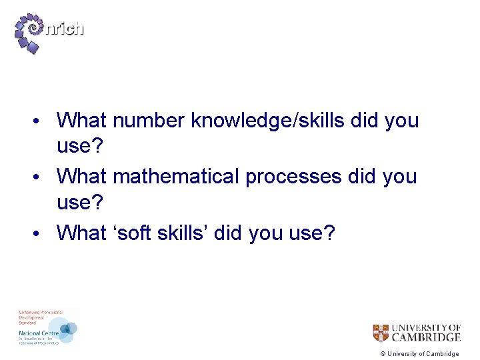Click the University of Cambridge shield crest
click(x=381, y=333)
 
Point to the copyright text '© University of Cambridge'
click(x=419, y=354)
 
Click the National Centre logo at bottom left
click(x=47, y=327)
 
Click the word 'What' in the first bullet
click(x=82, y=121)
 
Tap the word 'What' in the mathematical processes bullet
click(x=82, y=177)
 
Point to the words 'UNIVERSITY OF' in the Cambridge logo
click(x=425, y=327)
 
